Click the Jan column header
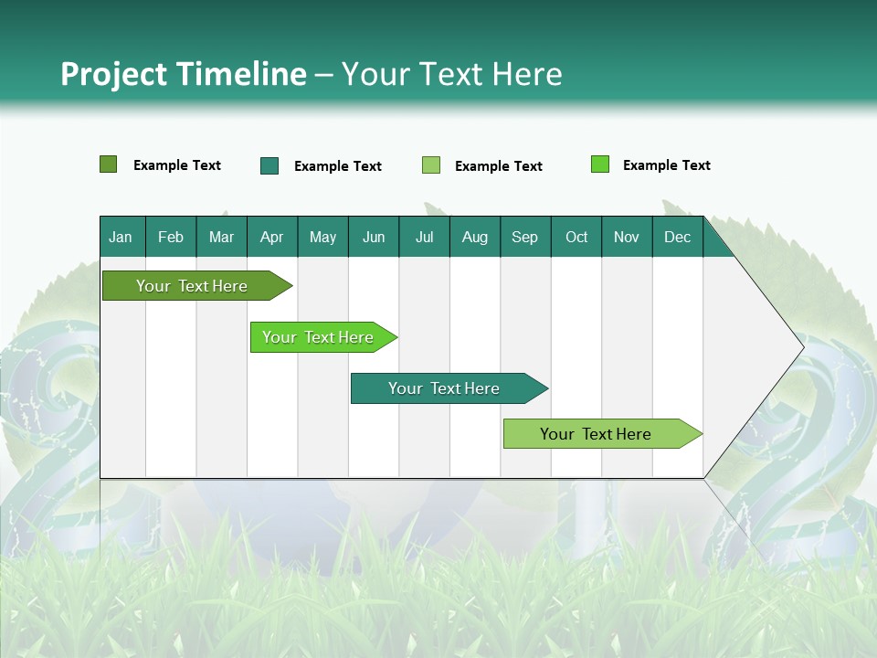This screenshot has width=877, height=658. click(x=121, y=238)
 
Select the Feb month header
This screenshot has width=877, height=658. click(x=171, y=238)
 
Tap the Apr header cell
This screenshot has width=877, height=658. click(x=271, y=238)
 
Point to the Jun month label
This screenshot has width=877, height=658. click(x=374, y=238)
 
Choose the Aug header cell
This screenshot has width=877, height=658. click(x=475, y=238)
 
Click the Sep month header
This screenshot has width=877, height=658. click(x=524, y=238)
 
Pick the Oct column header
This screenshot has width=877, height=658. click(x=576, y=238)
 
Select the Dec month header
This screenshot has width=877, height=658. click(x=678, y=238)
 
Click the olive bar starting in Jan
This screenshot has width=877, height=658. click(x=193, y=286)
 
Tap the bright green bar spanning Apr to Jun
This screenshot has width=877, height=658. click(x=319, y=337)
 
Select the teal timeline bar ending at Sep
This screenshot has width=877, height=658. click(x=444, y=388)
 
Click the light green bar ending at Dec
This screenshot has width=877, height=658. click(x=596, y=434)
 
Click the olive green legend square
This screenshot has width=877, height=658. click(x=109, y=164)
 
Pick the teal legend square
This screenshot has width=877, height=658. click(x=269, y=165)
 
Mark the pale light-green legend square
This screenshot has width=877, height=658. click(x=431, y=165)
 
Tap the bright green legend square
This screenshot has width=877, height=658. click(x=600, y=164)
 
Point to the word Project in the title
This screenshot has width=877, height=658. click(x=113, y=74)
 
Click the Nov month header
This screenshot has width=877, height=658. click(x=627, y=238)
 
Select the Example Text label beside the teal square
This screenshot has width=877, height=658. click(x=338, y=166)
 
